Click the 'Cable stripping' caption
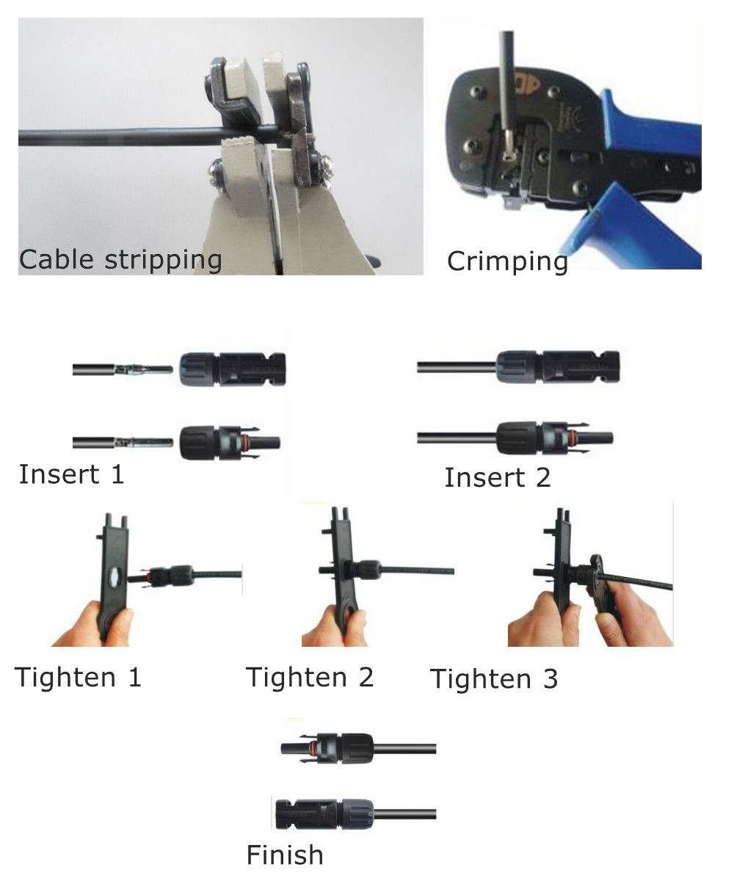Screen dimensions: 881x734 (120, 259)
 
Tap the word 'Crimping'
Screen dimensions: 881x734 (507, 261)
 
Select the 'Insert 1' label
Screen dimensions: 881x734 (71, 474)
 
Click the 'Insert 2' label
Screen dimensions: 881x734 (497, 478)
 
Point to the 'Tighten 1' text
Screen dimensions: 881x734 (78, 677)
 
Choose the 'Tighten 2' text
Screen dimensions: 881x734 (309, 677)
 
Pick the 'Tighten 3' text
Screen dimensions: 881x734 (493, 679)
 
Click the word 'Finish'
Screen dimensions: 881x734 (284, 855)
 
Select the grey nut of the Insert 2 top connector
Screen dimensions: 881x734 (518, 366)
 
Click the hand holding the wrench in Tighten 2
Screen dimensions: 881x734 (334, 624)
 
